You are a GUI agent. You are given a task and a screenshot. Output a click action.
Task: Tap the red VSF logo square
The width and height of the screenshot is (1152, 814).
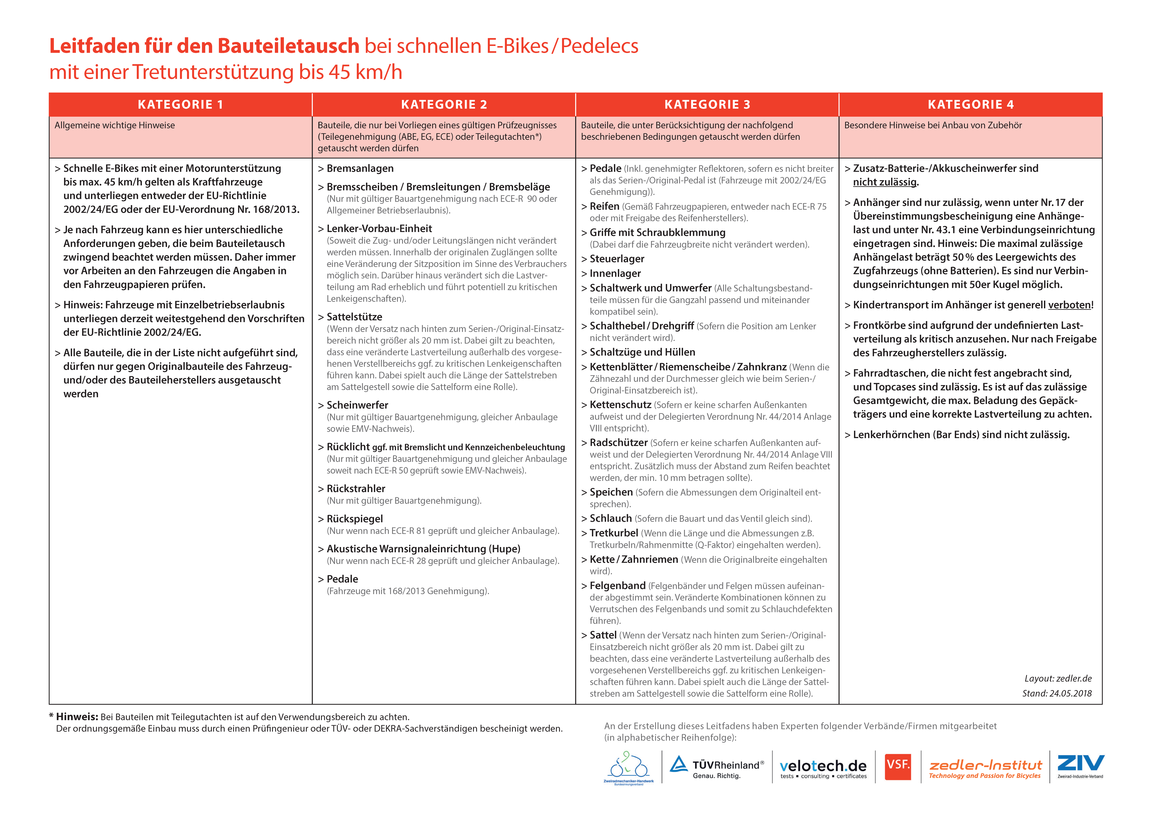[x=898, y=766]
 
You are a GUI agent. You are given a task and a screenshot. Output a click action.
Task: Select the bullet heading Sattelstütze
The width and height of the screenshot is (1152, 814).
[x=354, y=317]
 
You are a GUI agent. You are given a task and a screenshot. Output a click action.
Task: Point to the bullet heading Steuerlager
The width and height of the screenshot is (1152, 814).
[x=617, y=259]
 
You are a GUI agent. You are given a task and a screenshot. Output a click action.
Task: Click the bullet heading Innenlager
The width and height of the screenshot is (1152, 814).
[x=615, y=273]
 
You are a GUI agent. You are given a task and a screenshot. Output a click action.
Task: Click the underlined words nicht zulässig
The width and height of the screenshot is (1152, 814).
[x=885, y=182]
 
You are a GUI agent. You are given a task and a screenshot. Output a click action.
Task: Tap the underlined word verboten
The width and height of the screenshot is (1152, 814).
[x=1069, y=305]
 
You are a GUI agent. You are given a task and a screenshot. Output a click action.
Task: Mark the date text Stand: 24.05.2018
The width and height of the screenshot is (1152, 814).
[x=1057, y=693]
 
